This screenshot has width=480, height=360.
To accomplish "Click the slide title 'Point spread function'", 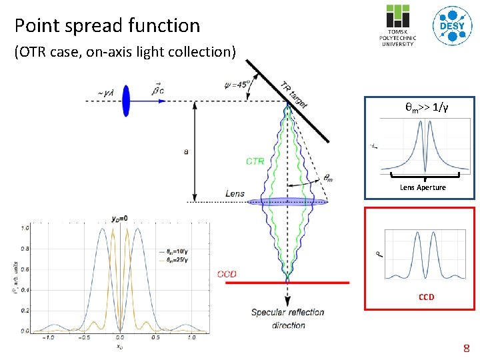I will (x=107, y=25).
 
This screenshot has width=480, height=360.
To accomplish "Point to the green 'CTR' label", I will (x=255, y=161).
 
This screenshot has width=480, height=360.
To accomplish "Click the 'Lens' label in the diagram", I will (x=235, y=194).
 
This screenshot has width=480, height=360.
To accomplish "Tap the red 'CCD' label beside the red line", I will (x=227, y=275).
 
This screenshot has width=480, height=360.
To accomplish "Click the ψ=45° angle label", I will (x=237, y=84).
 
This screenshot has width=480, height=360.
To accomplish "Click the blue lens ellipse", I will (x=287, y=201).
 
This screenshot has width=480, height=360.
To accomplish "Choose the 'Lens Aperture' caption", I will (x=423, y=187).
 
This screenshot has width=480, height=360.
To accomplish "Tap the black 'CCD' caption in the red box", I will (x=426, y=297).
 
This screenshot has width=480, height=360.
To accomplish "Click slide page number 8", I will (x=467, y=348).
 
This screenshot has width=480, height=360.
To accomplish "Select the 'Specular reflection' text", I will (x=287, y=312).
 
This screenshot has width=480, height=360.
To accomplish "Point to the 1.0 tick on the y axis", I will (x=25, y=228).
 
